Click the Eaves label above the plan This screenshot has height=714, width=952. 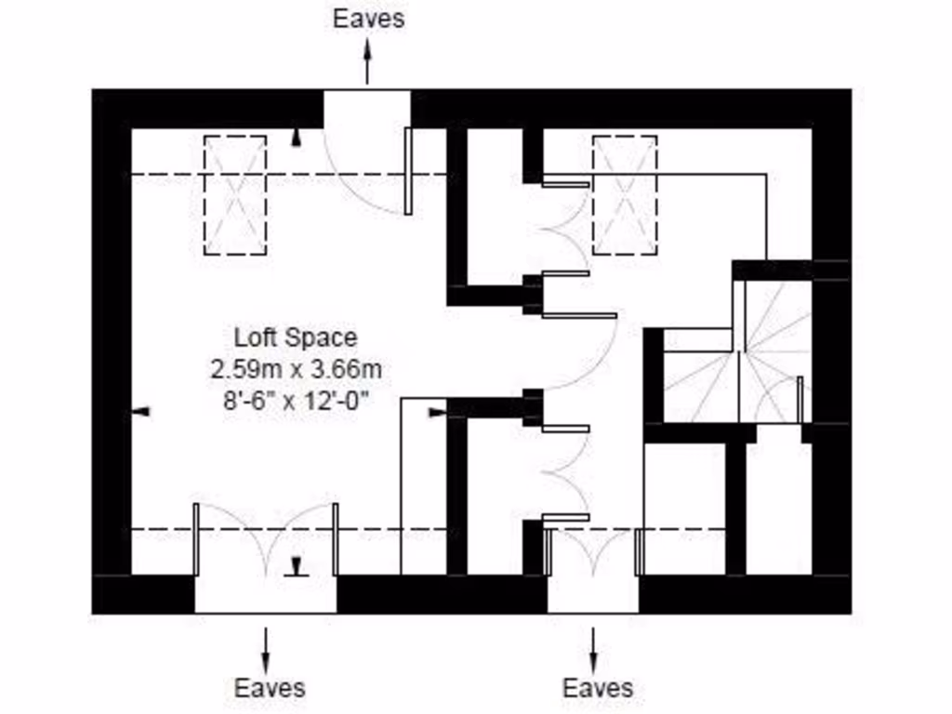point(369,19)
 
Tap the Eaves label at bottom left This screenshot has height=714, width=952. point(269,688)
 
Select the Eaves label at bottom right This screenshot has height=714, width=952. point(598,688)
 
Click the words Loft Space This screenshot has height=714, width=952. point(295,337)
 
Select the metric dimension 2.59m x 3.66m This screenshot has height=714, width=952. point(296,369)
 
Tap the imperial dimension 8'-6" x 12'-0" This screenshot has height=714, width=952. point(296,402)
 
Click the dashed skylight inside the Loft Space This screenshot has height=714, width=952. point(234,195)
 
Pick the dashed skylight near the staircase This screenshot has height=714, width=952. point(625,194)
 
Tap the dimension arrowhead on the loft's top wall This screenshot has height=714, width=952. point(297,139)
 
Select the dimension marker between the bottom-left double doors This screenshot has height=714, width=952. point(297,566)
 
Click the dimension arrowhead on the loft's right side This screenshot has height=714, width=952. point(437,413)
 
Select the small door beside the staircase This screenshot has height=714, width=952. point(799,400)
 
